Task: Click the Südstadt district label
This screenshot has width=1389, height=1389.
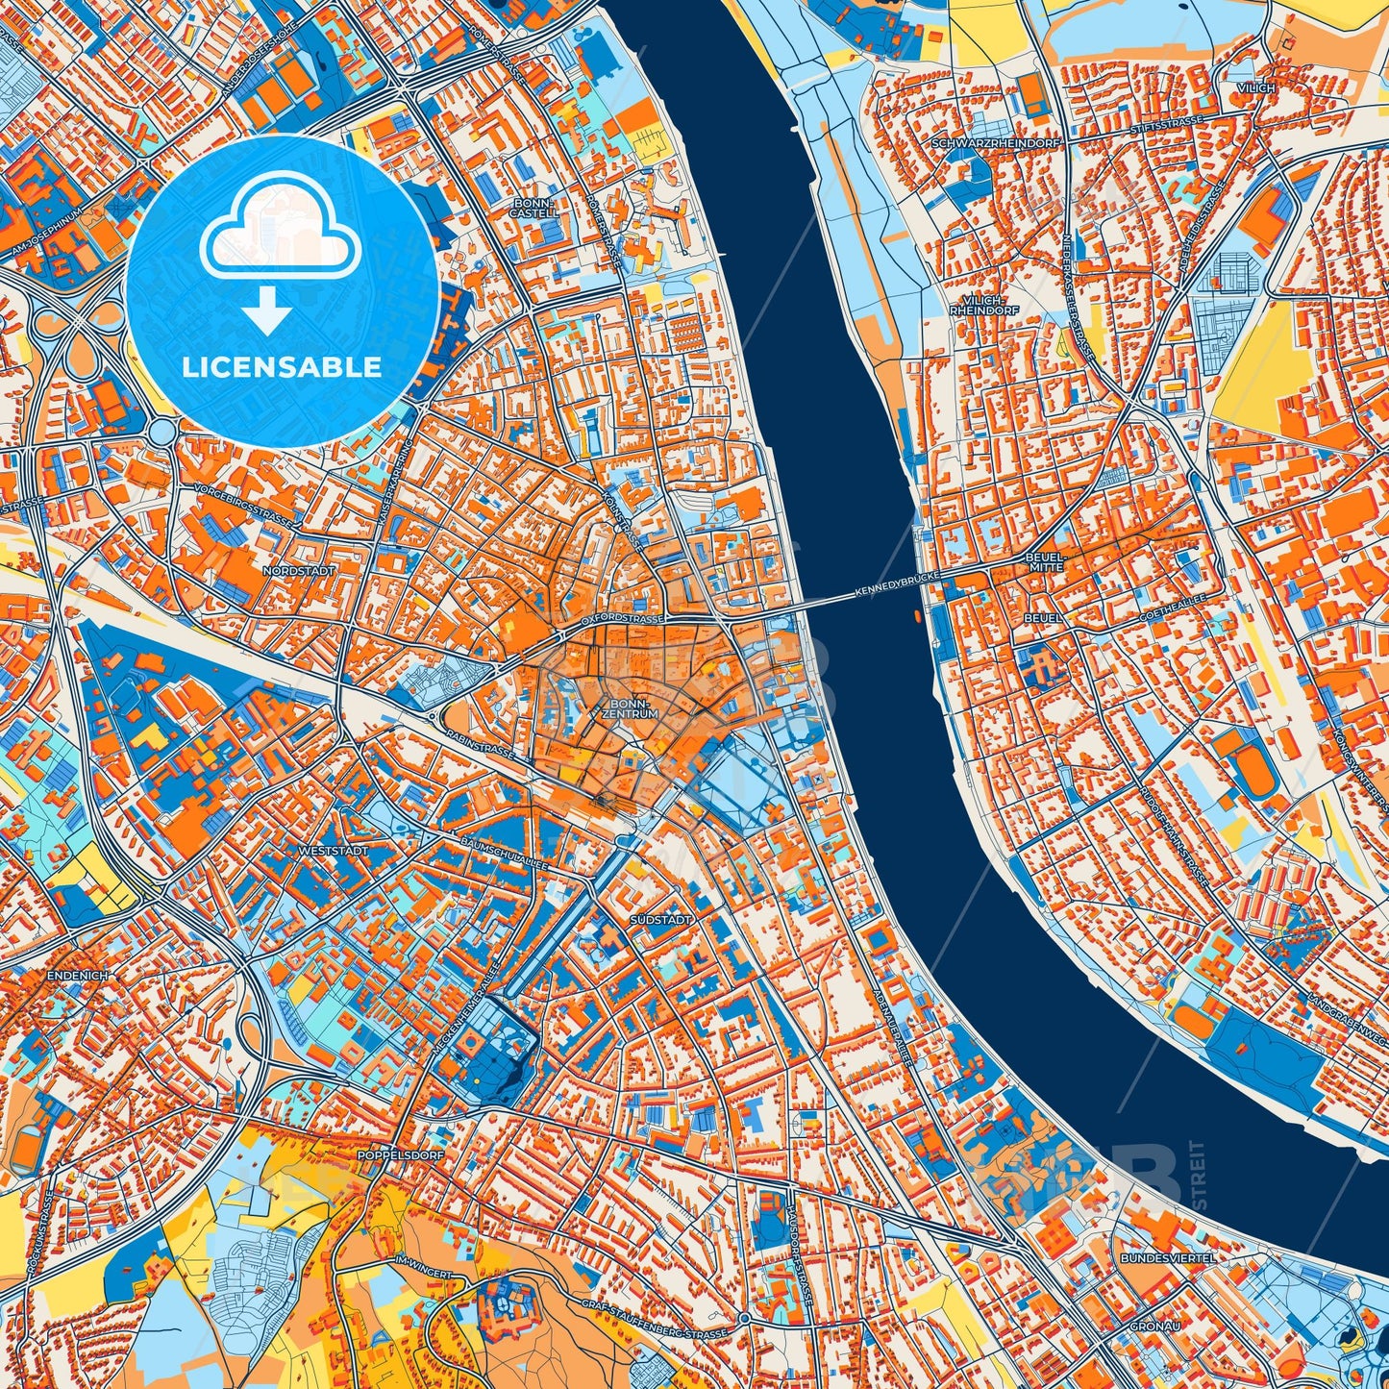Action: tap(660, 920)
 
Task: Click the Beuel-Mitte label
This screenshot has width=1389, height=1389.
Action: tap(1045, 561)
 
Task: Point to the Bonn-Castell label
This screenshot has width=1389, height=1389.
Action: tap(533, 209)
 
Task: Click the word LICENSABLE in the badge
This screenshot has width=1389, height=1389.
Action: tap(283, 367)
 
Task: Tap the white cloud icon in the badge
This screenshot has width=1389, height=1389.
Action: tap(281, 234)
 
